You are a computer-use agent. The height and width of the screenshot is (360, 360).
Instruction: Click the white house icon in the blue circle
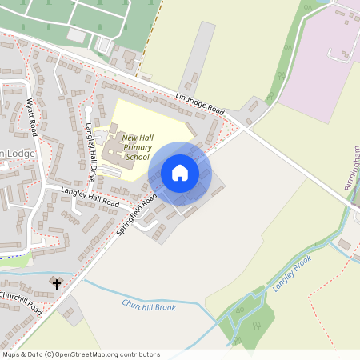[x=180, y=173]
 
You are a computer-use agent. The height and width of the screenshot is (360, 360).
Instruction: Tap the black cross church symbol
[x=57, y=283]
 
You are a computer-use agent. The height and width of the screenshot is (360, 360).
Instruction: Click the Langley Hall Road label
[x=90, y=197]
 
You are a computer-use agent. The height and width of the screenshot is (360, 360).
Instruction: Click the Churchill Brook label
[x=148, y=306]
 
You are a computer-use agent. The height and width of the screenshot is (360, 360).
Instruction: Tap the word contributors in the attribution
[x=138, y=354]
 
